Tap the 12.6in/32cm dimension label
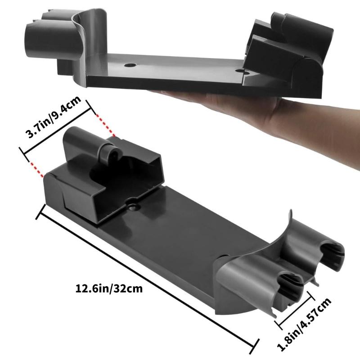109,288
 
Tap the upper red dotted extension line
105,124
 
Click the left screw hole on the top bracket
130,65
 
